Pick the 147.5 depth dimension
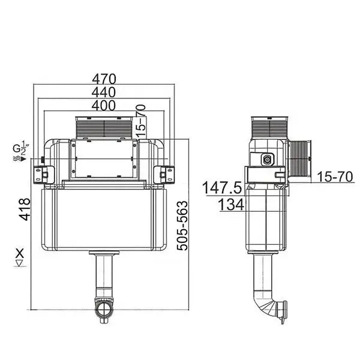(222, 188)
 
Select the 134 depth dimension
(230, 205)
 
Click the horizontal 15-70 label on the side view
(333, 178)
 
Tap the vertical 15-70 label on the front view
(141, 119)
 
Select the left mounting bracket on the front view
(43, 173)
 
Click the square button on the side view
(267, 160)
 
